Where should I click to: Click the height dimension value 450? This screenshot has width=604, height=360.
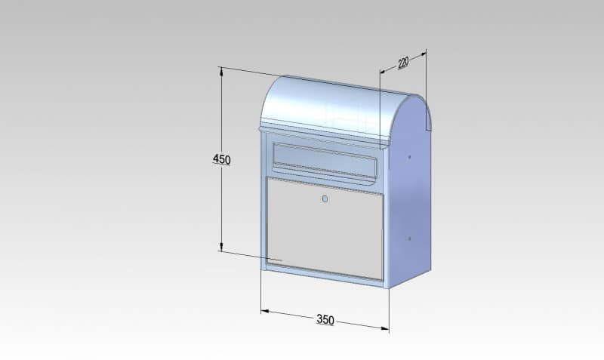(221, 159)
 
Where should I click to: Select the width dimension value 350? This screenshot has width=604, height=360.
(325, 320)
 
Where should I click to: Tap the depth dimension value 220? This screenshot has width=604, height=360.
(403, 63)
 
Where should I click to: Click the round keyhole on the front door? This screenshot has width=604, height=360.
(325, 199)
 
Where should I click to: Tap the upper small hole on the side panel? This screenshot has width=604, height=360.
(409, 158)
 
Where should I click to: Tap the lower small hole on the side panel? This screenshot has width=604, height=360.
(409, 238)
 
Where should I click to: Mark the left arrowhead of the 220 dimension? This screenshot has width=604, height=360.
(382, 72)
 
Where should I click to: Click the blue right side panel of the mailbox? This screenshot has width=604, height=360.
(411, 204)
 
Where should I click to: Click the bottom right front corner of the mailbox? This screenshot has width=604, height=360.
(386, 288)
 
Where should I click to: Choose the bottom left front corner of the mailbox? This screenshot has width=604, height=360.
(261, 269)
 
